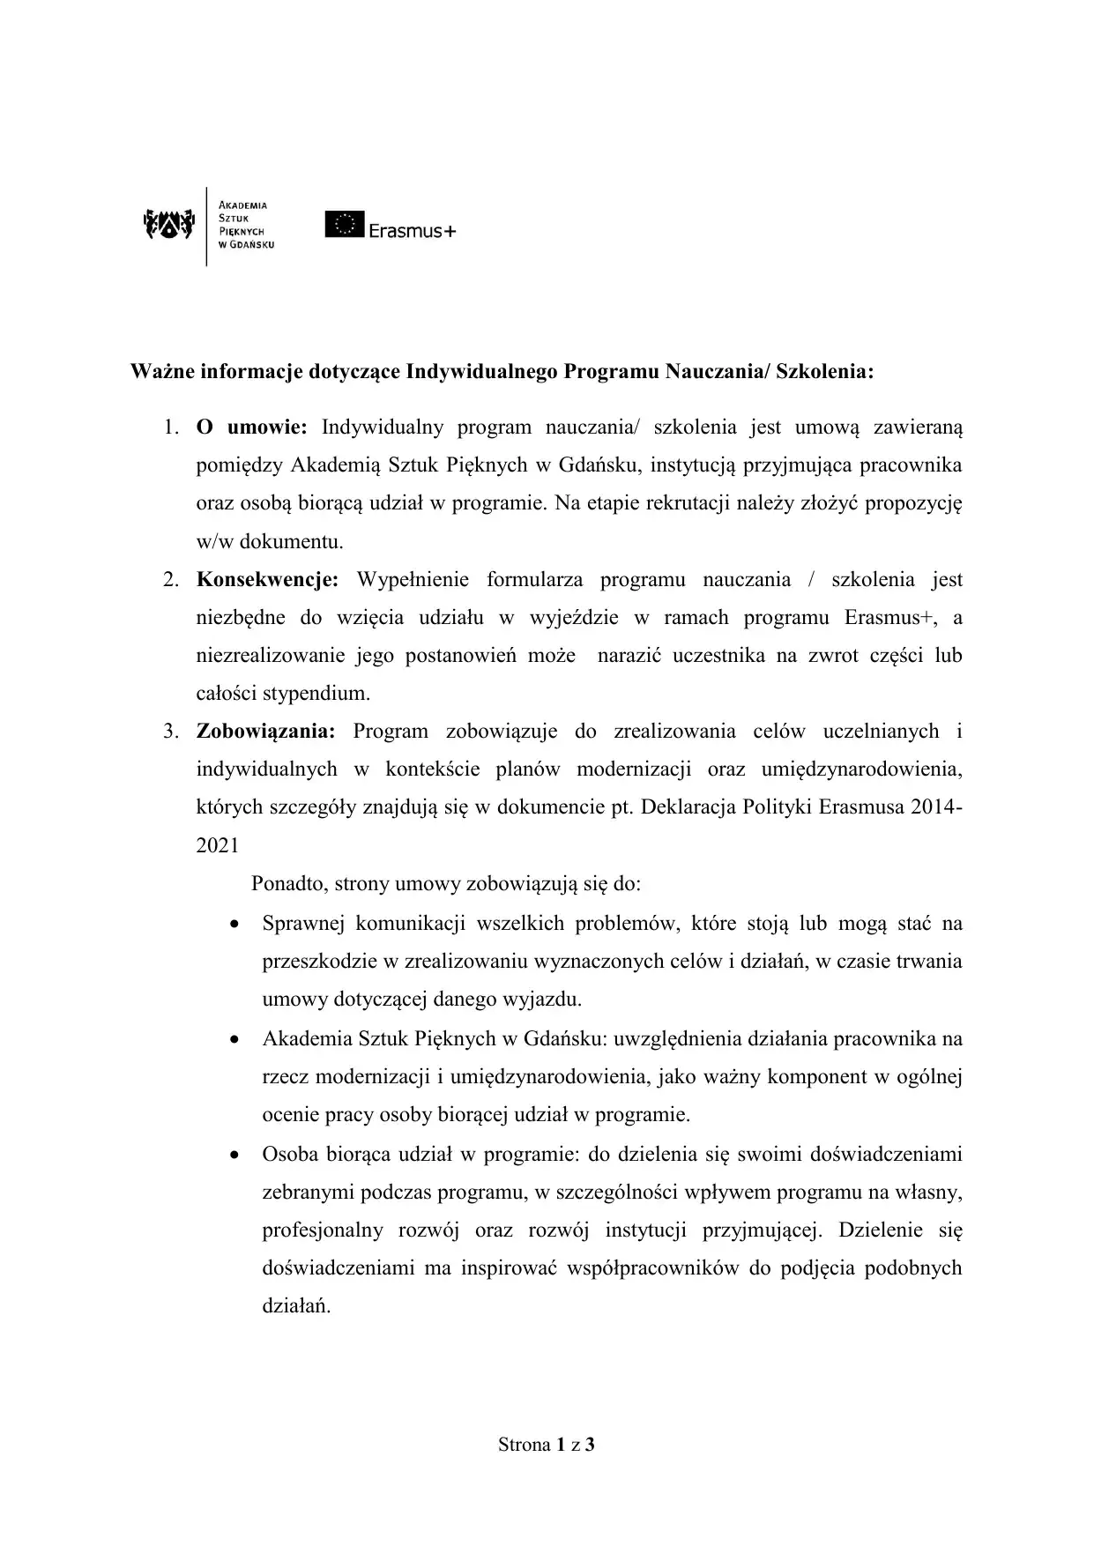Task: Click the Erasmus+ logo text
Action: (412, 232)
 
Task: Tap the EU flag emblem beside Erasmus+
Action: (343, 225)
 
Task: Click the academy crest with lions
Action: (167, 226)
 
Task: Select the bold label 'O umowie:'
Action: (251, 428)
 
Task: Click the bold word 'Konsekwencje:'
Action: (267, 580)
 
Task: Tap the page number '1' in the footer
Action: (560, 1445)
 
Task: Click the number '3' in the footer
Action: (590, 1445)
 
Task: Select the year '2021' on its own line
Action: (217, 844)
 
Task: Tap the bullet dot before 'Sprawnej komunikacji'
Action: (234, 925)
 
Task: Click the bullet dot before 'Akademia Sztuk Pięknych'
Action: (234, 1039)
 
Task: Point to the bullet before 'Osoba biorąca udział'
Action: (234, 1155)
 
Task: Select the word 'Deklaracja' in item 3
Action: (687, 806)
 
